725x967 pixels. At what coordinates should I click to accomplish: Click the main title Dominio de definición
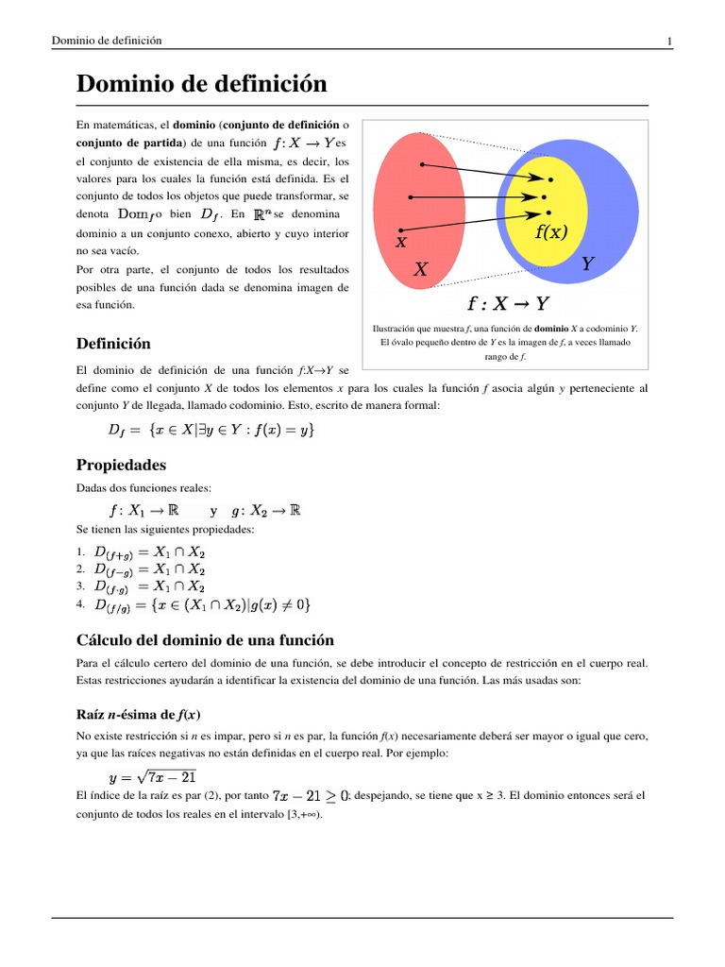[201, 85]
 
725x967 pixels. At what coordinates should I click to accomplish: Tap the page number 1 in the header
[668, 41]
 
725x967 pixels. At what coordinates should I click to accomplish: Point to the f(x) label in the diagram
[550, 231]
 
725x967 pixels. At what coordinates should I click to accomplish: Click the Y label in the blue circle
[587, 264]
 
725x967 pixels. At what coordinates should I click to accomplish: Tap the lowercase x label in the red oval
[400, 243]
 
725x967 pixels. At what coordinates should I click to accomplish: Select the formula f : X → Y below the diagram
[509, 304]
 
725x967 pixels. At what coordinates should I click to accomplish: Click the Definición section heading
[112, 343]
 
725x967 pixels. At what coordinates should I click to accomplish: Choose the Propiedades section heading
[121, 465]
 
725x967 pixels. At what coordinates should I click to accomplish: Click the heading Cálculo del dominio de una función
[204, 639]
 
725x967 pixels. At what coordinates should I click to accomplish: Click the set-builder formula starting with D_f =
[211, 431]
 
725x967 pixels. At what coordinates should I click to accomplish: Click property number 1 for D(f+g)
[150, 552]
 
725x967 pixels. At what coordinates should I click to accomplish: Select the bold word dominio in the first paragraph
[193, 125]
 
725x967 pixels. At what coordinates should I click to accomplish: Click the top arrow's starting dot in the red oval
[422, 165]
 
